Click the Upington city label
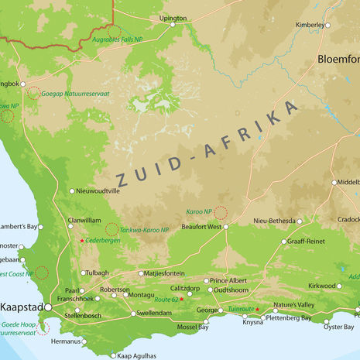[x=173, y=17]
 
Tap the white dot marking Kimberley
[x=327, y=25]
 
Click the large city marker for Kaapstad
[x=48, y=307]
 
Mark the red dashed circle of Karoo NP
[x=221, y=212]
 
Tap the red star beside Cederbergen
[x=82, y=241]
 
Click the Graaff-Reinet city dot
[x=283, y=242]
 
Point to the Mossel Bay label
[x=193, y=327]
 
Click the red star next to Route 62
[x=182, y=300]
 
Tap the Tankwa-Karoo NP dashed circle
[x=111, y=229]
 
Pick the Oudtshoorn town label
[x=231, y=290]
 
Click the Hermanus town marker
[x=84, y=341]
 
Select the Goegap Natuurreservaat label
[x=81, y=93]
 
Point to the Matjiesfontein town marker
[x=141, y=273]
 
